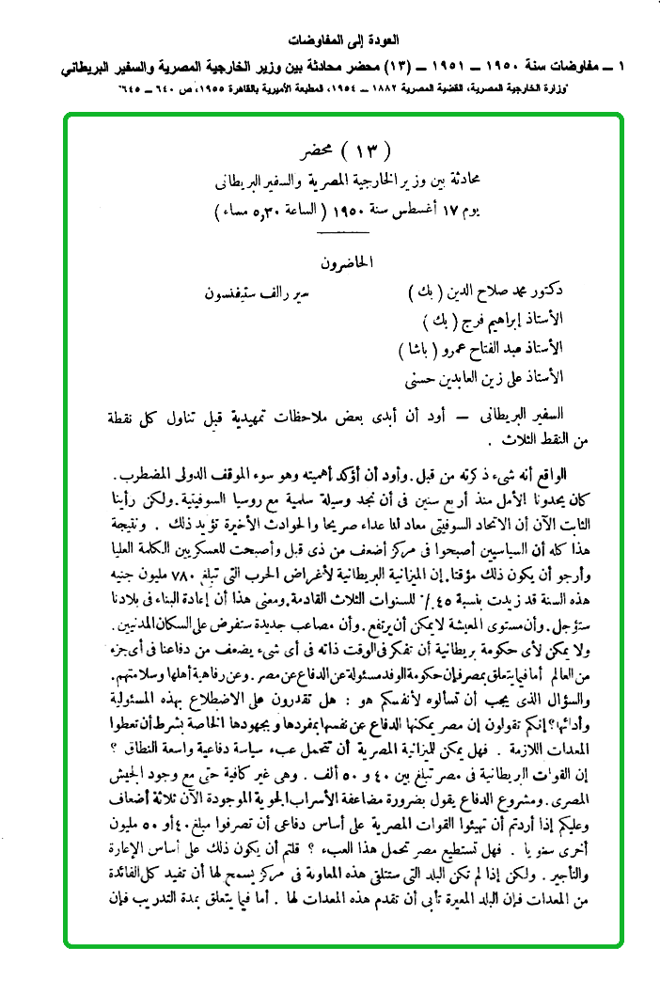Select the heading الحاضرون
[x=346, y=262]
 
